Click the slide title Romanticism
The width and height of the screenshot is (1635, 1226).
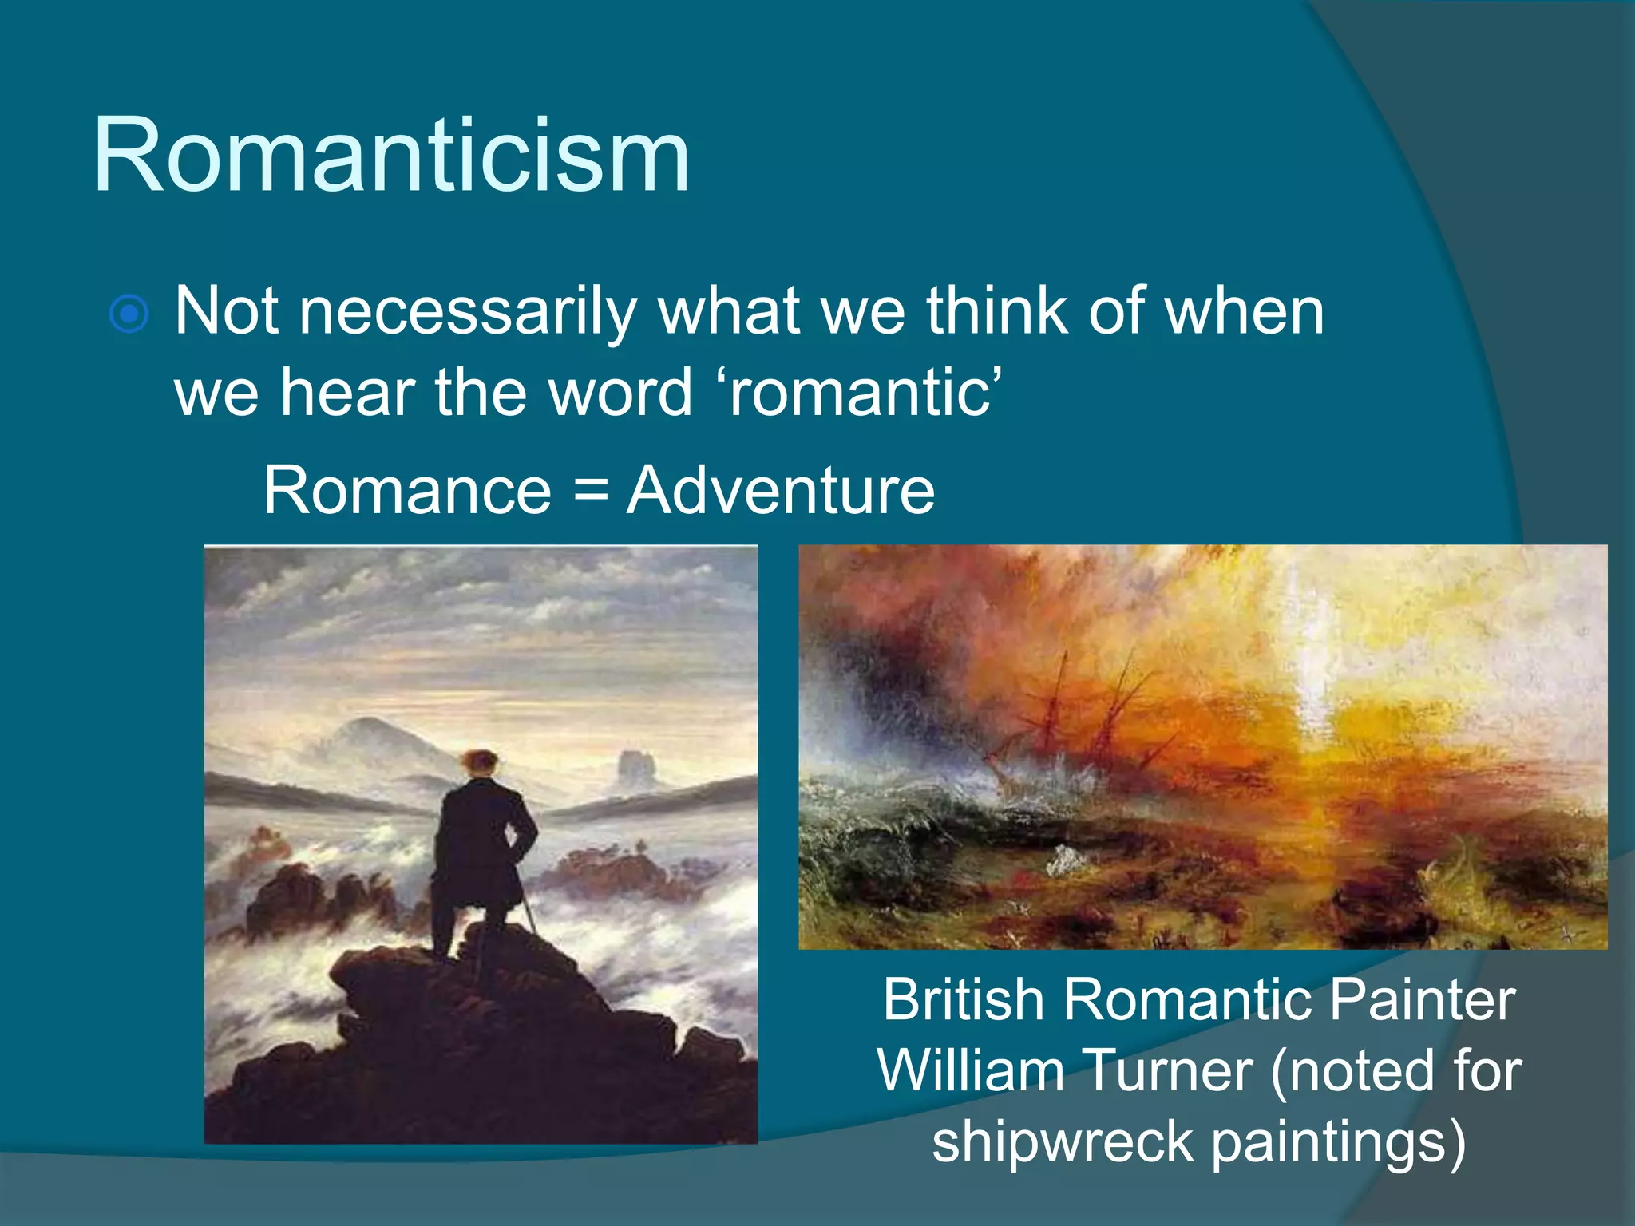tap(391, 155)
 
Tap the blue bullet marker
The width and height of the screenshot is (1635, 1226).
tap(129, 314)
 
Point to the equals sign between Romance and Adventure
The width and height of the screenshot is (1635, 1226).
tap(590, 490)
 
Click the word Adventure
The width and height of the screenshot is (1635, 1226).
tap(780, 490)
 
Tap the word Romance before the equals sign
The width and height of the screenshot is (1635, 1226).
tap(407, 490)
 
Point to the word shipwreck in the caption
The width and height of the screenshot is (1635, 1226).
tap(1062, 1141)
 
